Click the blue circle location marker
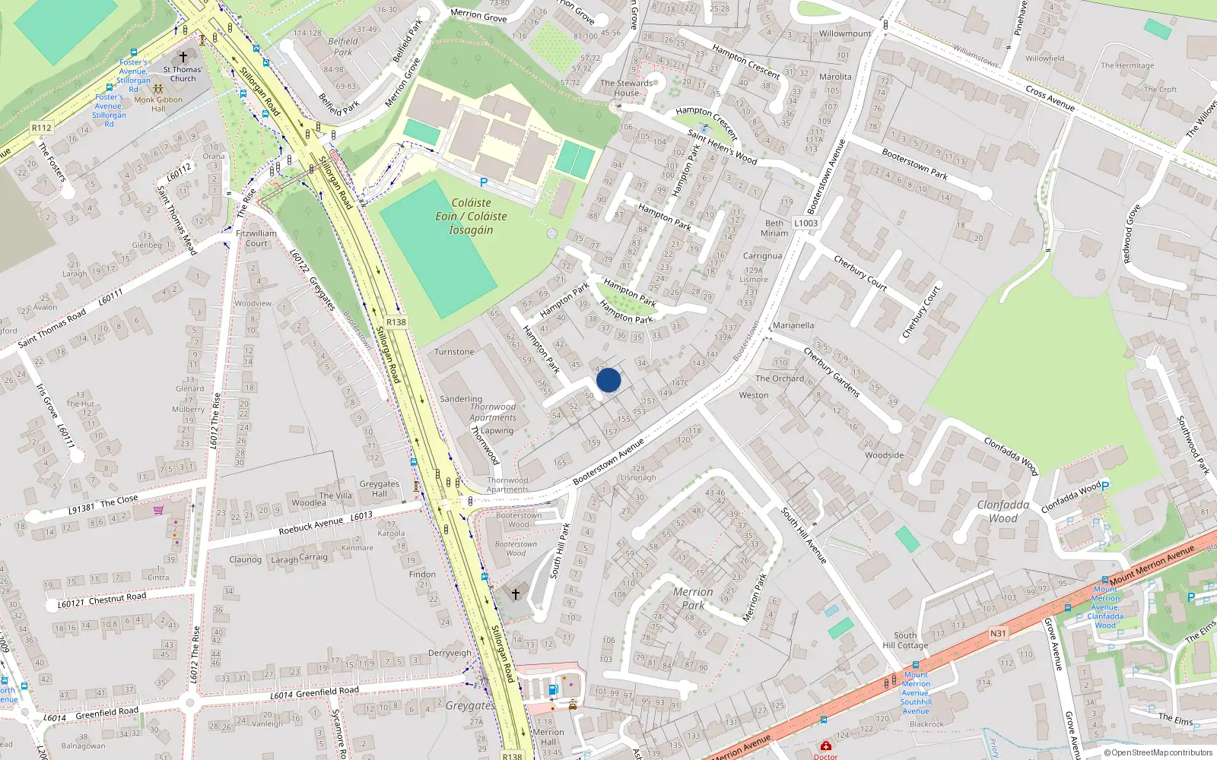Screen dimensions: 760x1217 (608, 380)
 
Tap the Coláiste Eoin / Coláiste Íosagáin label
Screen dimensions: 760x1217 (471, 217)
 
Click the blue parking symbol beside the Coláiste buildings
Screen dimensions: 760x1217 (483, 182)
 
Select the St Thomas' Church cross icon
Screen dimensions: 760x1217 (183, 57)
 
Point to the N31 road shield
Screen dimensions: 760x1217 (998, 633)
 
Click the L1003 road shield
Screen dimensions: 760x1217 (806, 223)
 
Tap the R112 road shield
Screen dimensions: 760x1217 (42, 128)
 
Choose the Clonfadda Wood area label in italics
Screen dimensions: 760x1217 (1003, 511)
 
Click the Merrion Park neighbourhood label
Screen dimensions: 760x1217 (693, 598)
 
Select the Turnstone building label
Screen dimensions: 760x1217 (454, 352)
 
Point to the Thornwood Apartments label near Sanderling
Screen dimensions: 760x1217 (493, 412)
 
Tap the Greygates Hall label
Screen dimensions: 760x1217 (379, 489)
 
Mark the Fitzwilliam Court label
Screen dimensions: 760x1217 (256, 239)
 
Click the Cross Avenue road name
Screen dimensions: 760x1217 (1050, 98)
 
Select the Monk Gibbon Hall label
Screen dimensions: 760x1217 (158, 103)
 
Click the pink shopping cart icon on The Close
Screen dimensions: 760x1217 (158, 510)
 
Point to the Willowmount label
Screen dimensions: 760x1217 (845, 33)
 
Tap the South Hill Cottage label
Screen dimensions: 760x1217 (905, 640)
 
